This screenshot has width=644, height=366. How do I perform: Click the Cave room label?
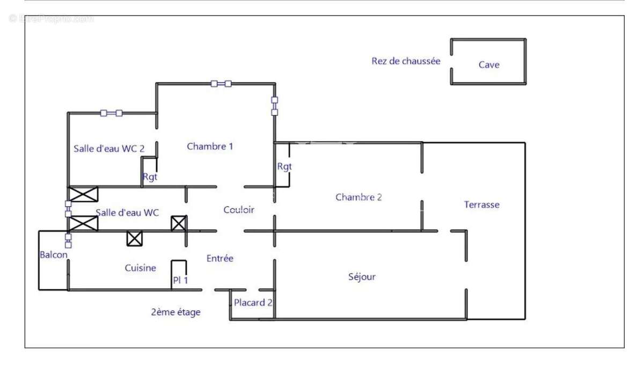pos(489,65)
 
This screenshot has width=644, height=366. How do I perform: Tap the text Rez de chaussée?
pos(406,61)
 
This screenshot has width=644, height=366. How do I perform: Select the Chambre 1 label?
pos(210,146)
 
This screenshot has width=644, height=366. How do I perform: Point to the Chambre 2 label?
pos(358,197)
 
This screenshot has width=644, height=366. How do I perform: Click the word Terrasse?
pos(481,204)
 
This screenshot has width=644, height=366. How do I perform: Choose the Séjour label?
pos(362,277)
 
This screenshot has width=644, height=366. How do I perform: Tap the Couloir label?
pos(239,210)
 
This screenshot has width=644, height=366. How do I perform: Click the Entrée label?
pos(220,258)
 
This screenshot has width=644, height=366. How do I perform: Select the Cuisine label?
pos(141,268)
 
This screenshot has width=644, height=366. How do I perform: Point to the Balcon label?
pos(54,254)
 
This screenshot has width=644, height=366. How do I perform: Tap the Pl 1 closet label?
pos(180,280)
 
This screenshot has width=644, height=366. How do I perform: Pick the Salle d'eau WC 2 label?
pos(109,149)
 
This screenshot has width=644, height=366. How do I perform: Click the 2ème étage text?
pos(175,312)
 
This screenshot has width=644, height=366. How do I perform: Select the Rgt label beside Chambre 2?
pos(284,166)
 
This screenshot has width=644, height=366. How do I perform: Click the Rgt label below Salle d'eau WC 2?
pos(150,177)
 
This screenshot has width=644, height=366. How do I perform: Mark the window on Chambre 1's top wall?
pos(221,83)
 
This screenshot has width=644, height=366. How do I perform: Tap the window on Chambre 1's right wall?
pos(274,106)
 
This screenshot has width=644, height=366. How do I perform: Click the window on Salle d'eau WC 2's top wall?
pos(111,113)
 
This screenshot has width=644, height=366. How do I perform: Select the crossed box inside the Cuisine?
pos(134,238)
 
